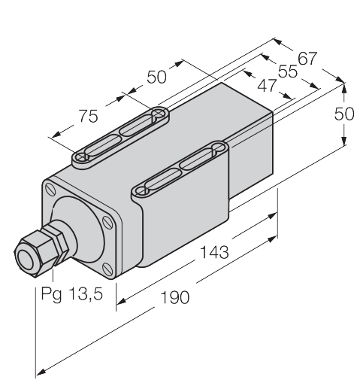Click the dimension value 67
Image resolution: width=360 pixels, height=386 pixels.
click(307, 59)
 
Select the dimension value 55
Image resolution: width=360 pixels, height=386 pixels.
click(288, 71)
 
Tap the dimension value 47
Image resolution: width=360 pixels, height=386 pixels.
click(267, 86)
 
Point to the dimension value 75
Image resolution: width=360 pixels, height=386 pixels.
click(88, 116)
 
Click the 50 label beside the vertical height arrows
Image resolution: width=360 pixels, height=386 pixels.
click(344, 114)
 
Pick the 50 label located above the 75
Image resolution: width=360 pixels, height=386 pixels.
click(156, 77)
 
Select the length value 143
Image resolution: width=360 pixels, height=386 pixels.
click(215, 252)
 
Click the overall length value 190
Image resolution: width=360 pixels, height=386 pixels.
click(174, 297)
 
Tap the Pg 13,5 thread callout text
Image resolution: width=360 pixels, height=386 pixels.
click(72, 293)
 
